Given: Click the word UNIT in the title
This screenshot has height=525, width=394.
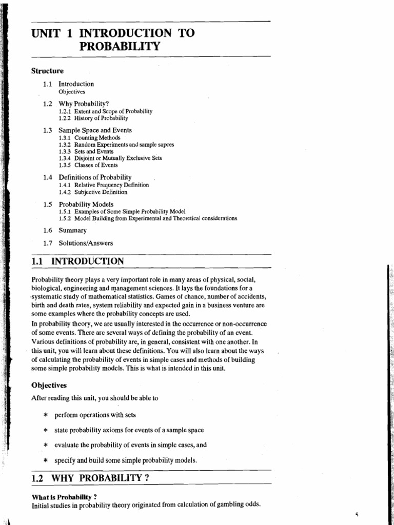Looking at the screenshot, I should click(x=46, y=34).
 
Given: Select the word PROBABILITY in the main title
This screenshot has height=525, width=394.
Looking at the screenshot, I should click(x=120, y=47).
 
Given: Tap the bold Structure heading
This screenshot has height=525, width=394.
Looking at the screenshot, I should click(x=47, y=71).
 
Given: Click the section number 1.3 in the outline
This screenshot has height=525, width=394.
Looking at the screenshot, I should click(x=48, y=130).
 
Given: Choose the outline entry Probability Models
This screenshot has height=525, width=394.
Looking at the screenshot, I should click(x=86, y=204).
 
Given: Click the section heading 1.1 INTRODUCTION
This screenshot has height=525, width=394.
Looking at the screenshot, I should click(x=77, y=261).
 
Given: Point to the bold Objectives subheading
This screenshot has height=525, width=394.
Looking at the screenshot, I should click(x=49, y=385).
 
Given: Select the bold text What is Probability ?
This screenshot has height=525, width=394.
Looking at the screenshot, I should click(x=65, y=497).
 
